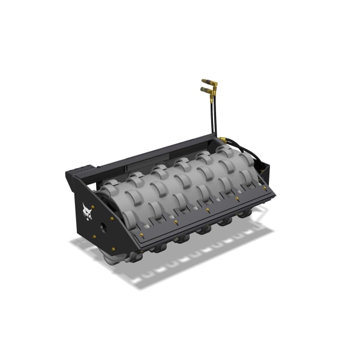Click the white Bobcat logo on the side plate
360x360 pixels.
88,212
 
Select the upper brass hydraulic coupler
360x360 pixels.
209,81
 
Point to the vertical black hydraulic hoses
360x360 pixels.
212,117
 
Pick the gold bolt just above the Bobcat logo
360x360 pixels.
91,193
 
